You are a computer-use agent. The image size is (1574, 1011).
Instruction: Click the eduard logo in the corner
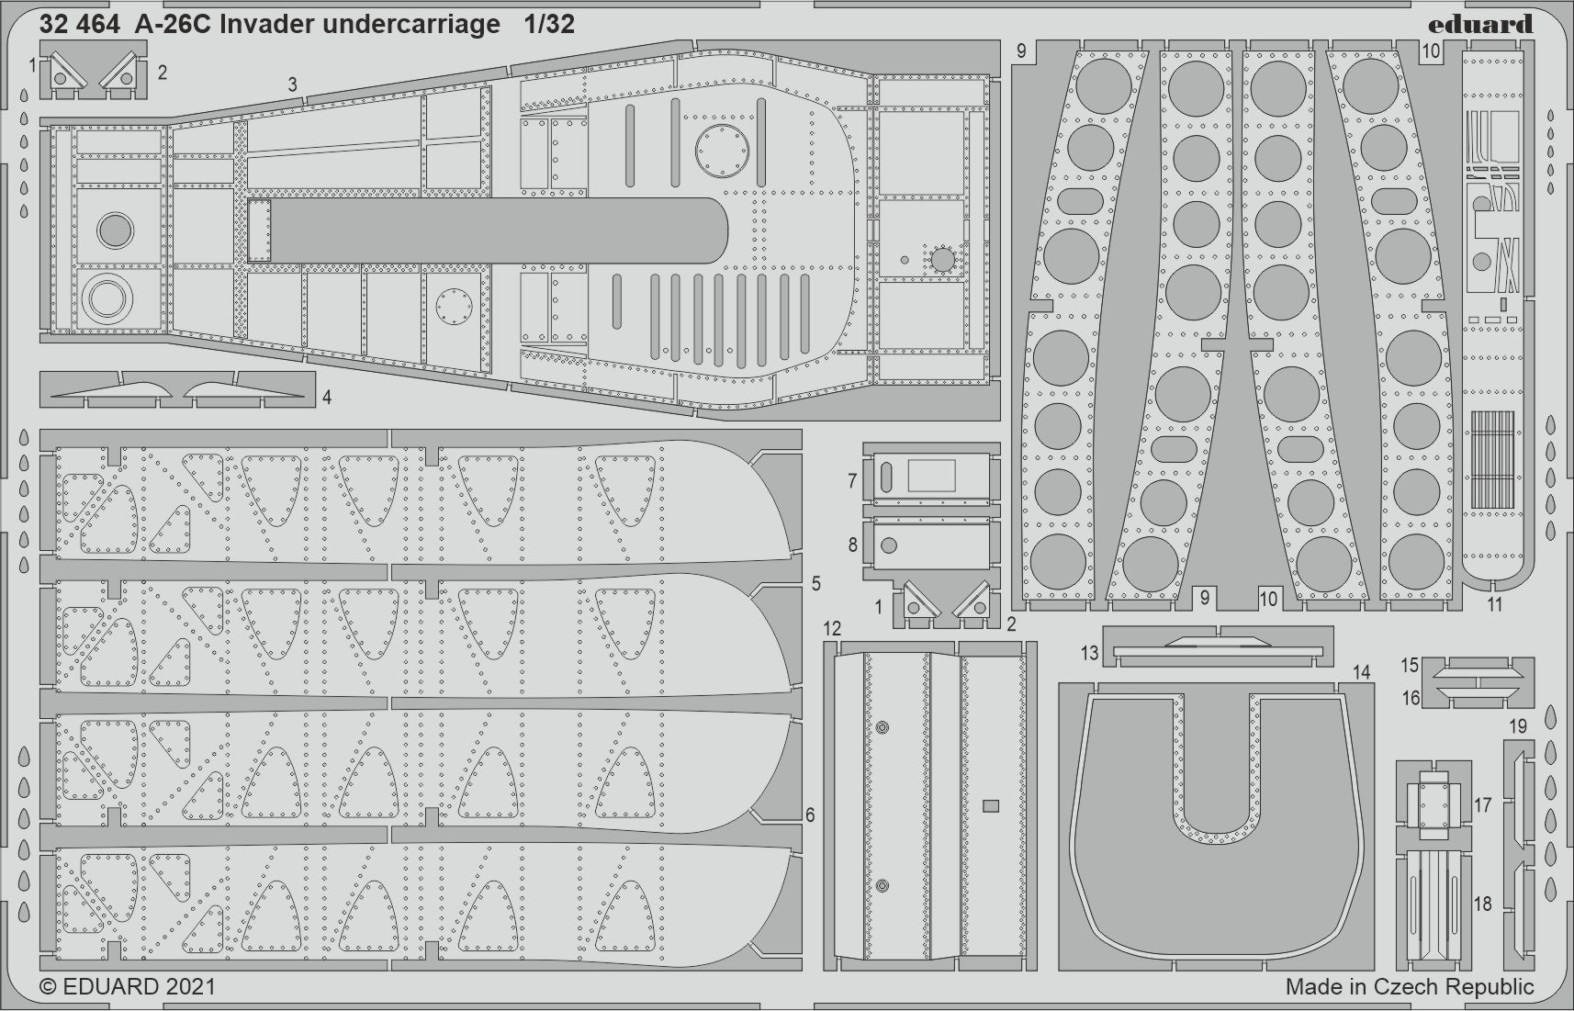1479,24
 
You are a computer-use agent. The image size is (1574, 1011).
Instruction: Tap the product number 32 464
79,25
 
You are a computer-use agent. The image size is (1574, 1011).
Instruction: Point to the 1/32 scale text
549,25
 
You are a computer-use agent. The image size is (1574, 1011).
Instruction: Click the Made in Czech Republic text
1410,986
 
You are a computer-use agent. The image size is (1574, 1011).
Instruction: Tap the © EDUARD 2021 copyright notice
127,986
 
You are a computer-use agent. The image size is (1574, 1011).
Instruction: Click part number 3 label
292,84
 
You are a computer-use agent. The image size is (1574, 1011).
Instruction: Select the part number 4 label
327,398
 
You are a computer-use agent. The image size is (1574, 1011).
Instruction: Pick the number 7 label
852,480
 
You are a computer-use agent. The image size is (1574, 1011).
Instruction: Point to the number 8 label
852,545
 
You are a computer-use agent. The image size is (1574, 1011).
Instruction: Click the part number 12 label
832,628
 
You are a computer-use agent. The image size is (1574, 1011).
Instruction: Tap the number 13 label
1089,654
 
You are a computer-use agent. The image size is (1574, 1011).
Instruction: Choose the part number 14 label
1362,672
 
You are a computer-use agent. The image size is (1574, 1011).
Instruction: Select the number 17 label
1483,804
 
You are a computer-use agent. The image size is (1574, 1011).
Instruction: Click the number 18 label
1483,904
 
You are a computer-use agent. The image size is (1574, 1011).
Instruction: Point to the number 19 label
1518,725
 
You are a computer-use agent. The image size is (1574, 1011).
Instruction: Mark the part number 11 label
1495,604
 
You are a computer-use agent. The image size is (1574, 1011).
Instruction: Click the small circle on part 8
888,545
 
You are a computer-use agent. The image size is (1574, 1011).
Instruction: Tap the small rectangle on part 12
991,806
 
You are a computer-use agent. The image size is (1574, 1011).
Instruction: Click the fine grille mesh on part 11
1492,459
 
